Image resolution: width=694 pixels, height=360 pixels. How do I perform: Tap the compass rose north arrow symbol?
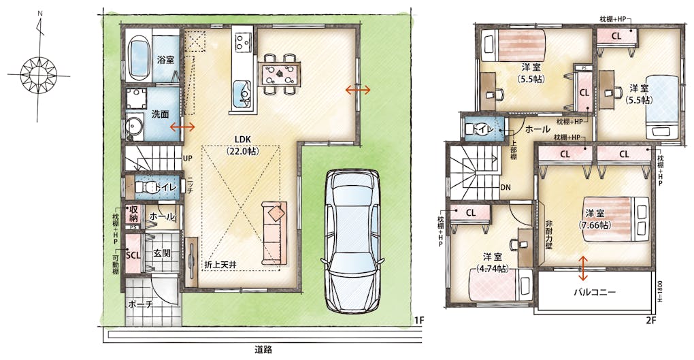click(39, 69)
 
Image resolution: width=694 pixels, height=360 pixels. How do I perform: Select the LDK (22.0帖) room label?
click(243, 145)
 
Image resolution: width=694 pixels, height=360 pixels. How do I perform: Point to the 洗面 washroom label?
click(160, 114)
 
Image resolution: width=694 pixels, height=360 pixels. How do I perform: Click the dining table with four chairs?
click(279, 73)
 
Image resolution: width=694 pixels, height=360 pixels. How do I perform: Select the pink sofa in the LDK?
click(274, 233)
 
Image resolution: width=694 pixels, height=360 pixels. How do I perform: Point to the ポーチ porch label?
click(141, 305)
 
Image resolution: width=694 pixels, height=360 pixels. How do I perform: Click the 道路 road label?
click(263, 350)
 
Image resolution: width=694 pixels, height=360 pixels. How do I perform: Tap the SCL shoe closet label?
click(133, 255)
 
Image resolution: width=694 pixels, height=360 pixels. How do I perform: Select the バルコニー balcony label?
click(595, 292)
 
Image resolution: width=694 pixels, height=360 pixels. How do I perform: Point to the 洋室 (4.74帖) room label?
click(493, 263)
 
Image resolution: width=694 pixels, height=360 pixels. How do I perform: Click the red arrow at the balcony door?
click(583, 268)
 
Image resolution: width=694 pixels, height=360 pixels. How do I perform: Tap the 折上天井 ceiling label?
click(220, 265)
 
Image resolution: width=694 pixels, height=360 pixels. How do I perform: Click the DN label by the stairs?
click(506, 188)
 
